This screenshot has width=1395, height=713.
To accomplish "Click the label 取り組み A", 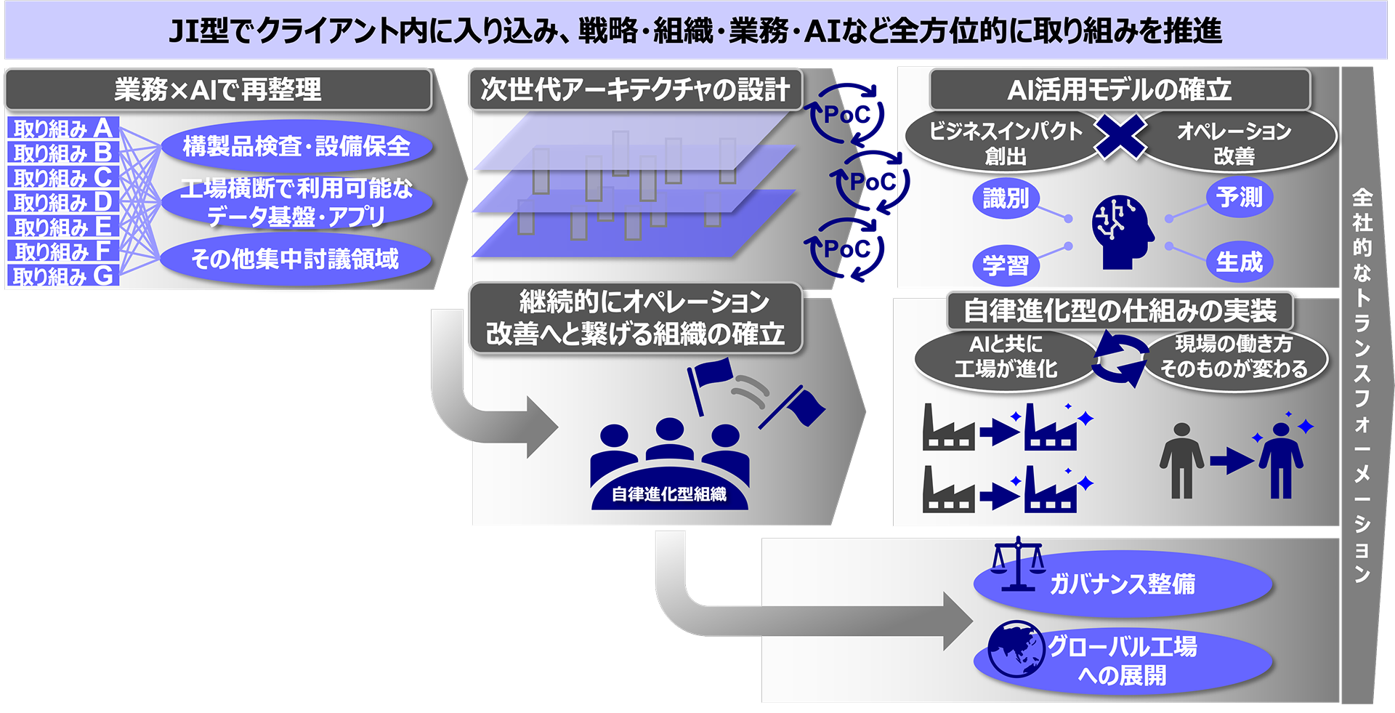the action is coord(63,128).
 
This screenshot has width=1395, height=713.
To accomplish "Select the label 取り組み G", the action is coord(63,275).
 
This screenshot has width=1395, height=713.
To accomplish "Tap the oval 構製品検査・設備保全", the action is coord(296,146).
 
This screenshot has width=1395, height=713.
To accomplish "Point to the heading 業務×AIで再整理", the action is coord(218,89).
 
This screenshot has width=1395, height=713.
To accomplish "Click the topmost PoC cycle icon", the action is coord(846,114).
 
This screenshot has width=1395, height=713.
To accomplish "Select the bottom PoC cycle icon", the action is coord(846,249).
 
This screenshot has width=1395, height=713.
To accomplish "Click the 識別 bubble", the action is coord(1006,198).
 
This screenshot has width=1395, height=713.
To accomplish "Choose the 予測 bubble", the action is coord(1240,197).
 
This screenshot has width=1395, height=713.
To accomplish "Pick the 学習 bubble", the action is coord(1006,265).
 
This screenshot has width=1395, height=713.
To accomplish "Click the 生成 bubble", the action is coord(1240,262).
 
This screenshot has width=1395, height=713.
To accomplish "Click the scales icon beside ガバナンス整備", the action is coord(1018,563).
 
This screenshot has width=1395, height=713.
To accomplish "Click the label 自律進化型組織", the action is coord(669,494).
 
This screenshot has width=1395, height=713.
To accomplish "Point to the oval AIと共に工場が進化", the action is coord(1006,357).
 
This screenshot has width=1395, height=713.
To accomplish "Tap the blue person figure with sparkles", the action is coord(1282,458).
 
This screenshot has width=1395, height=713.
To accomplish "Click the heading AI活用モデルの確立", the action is coord(1120,89).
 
